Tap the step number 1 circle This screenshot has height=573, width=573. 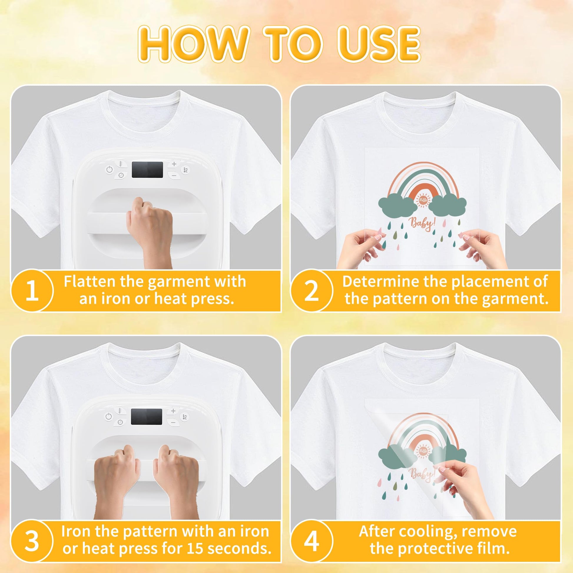coord(32,291)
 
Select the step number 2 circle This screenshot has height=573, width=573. coord(312,291)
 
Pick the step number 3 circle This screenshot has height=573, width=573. coord(32,541)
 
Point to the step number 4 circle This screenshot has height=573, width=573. coord(312,541)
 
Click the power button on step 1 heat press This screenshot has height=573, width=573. coord(110,170)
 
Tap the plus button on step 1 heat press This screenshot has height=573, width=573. coord(174,164)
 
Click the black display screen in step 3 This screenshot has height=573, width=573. coord(147,417)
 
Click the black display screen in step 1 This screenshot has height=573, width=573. coord(148,170)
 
